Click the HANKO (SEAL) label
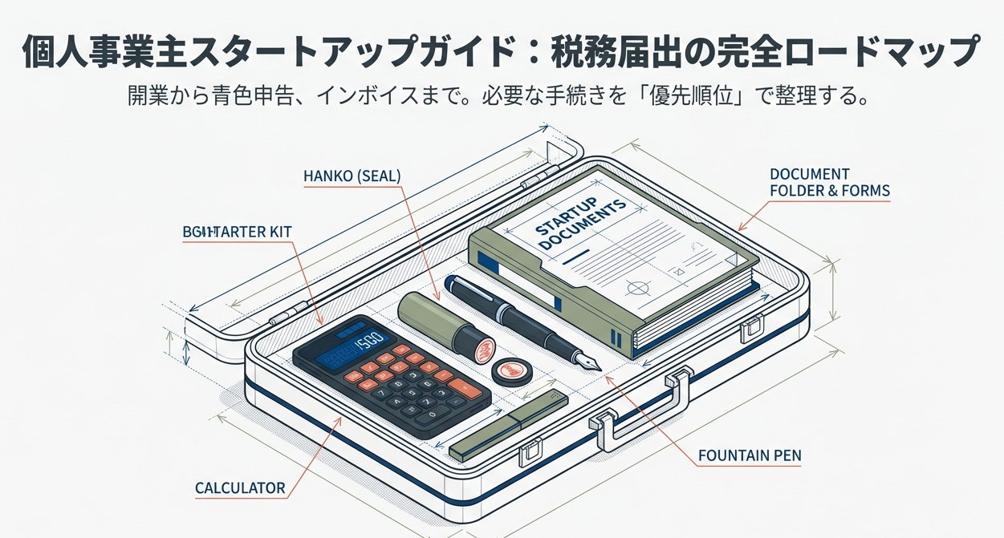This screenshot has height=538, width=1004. [352, 175]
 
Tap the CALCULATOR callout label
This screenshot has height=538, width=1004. [240, 487]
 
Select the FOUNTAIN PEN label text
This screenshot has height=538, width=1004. [749, 456]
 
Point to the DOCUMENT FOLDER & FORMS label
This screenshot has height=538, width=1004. [829, 183]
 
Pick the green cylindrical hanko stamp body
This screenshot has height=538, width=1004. [429, 317]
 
